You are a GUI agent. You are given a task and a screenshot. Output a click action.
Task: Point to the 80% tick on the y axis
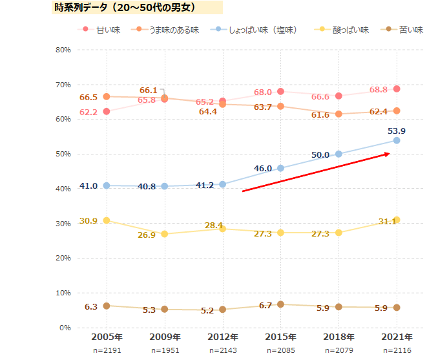click(63, 50)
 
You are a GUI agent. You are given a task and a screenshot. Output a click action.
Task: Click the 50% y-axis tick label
click(63, 154)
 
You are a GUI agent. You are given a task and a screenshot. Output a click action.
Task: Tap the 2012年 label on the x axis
click(222, 337)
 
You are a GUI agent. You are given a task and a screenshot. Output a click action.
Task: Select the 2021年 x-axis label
click(397, 337)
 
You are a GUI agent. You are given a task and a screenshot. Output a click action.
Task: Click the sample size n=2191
click(107, 350)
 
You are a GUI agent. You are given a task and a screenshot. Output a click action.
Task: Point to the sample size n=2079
click(338, 350)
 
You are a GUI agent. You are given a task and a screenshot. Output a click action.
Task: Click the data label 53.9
click(397, 131)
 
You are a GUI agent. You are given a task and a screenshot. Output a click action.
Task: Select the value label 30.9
click(89, 221)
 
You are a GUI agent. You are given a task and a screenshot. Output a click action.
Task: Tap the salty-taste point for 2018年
click(338, 154)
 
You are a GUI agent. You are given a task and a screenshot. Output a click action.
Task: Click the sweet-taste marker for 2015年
click(280, 91)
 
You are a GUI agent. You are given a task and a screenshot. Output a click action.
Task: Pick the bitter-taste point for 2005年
click(107, 306)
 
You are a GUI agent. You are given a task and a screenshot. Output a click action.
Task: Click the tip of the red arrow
click(390, 153)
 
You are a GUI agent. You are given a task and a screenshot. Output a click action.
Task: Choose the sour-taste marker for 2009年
click(165, 234)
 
